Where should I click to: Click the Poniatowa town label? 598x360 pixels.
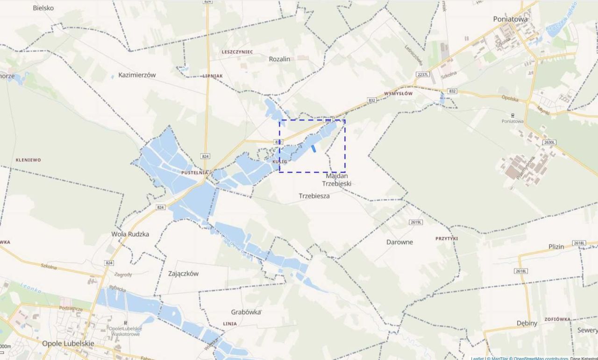(x=510, y=19)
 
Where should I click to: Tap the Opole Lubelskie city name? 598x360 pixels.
(x=68, y=343)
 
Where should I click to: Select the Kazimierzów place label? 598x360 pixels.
(x=137, y=75)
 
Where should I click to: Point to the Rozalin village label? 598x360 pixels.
(x=279, y=59)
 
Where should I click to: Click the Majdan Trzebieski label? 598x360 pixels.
(x=338, y=180)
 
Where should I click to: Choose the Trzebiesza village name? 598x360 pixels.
(x=314, y=196)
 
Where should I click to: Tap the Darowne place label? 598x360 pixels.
(x=399, y=242)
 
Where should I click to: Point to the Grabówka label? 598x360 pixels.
(x=246, y=312)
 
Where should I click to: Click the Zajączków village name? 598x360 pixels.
(x=183, y=274)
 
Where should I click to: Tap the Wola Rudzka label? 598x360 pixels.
(x=130, y=234)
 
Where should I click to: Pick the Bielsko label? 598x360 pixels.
(x=43, y=8)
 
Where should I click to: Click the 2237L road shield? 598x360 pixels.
(x=422, y=75)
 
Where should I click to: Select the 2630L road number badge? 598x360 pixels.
(x=550, y=142)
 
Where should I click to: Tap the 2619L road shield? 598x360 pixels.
(x=415, y=222)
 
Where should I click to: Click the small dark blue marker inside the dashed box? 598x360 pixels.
(x=314, y=148)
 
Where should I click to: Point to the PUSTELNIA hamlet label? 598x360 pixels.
(x=194, y=172)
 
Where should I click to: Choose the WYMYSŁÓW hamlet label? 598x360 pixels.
(x=398, y=93)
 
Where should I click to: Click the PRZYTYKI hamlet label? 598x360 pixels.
(x=447, y=238)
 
